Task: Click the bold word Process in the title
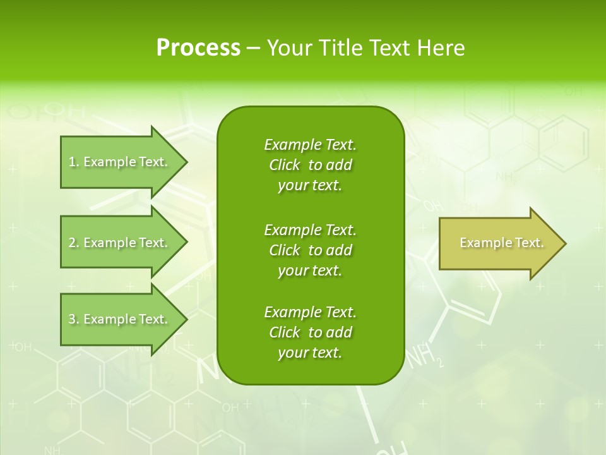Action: [x=198, y=48]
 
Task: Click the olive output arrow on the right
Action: [x=499, y=243]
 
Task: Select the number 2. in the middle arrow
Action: [x=74, y=243]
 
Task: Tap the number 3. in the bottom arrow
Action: [x=74, y=319]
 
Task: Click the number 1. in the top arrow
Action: [x=73, y=162]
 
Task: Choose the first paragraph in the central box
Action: [x=310, y=165]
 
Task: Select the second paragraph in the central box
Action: [x=310, y=250]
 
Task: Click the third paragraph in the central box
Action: [x=310, y=332]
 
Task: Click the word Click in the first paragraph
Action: [x=284, y=165]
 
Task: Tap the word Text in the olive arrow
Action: [x=529, y=243]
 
